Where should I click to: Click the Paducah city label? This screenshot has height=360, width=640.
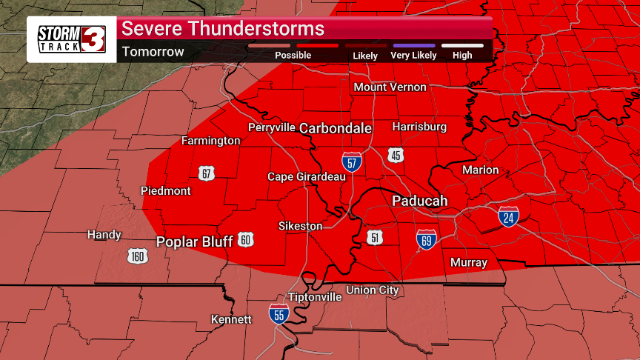tap(419, 201)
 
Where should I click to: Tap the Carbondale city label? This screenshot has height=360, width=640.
tap(336, 128)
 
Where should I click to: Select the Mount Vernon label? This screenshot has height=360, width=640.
tap(390, 87)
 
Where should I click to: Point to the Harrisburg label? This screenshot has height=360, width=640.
tap(419, 127)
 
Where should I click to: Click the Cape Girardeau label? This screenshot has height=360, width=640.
tap(307, 176)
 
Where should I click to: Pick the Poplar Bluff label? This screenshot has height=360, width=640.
tap(195, 241)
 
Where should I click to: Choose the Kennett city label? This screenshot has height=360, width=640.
tap(232, 319)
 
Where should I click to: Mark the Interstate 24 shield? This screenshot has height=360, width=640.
tap(508, 217)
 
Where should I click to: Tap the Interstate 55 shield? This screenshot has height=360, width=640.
tap(279, 314)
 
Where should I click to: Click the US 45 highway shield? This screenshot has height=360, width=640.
tap(396, 154)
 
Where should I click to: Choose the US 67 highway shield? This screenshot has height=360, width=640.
tap(206, 173)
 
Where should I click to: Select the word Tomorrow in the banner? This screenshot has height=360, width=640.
tap(153, 52)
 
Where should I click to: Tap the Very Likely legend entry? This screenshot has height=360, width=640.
tap(414, 51)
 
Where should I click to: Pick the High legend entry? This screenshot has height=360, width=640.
tap(462, 51)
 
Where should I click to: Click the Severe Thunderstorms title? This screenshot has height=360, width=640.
tap(223, 29)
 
